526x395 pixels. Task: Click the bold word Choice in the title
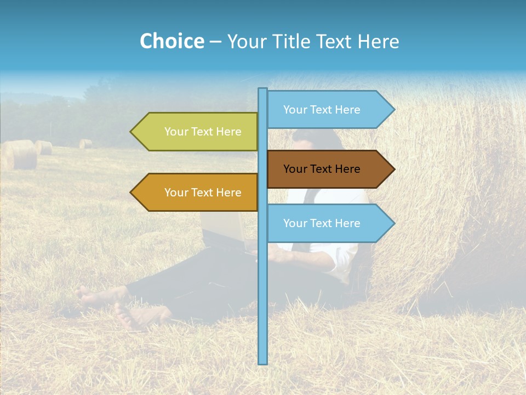click(171, 41)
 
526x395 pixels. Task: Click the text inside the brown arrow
click(322, 169)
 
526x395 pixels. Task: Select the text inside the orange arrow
click(203, 193)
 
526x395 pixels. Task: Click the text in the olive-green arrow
click(203, 132)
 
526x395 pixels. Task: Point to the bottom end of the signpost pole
click(263, 362)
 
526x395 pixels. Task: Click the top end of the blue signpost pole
click(263, 90)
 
